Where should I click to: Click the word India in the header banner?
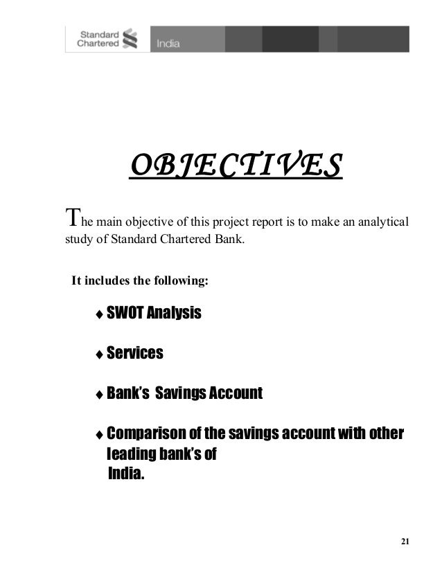click(x=168, y=44)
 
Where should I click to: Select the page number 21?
click(x=405, y=541)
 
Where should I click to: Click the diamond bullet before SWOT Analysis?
click(x=99, y=315)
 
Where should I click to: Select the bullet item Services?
click(x=134, y=354)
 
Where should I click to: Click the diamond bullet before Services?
click(x=99, y=355)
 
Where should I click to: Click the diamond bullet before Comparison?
click(x=99, y=436)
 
